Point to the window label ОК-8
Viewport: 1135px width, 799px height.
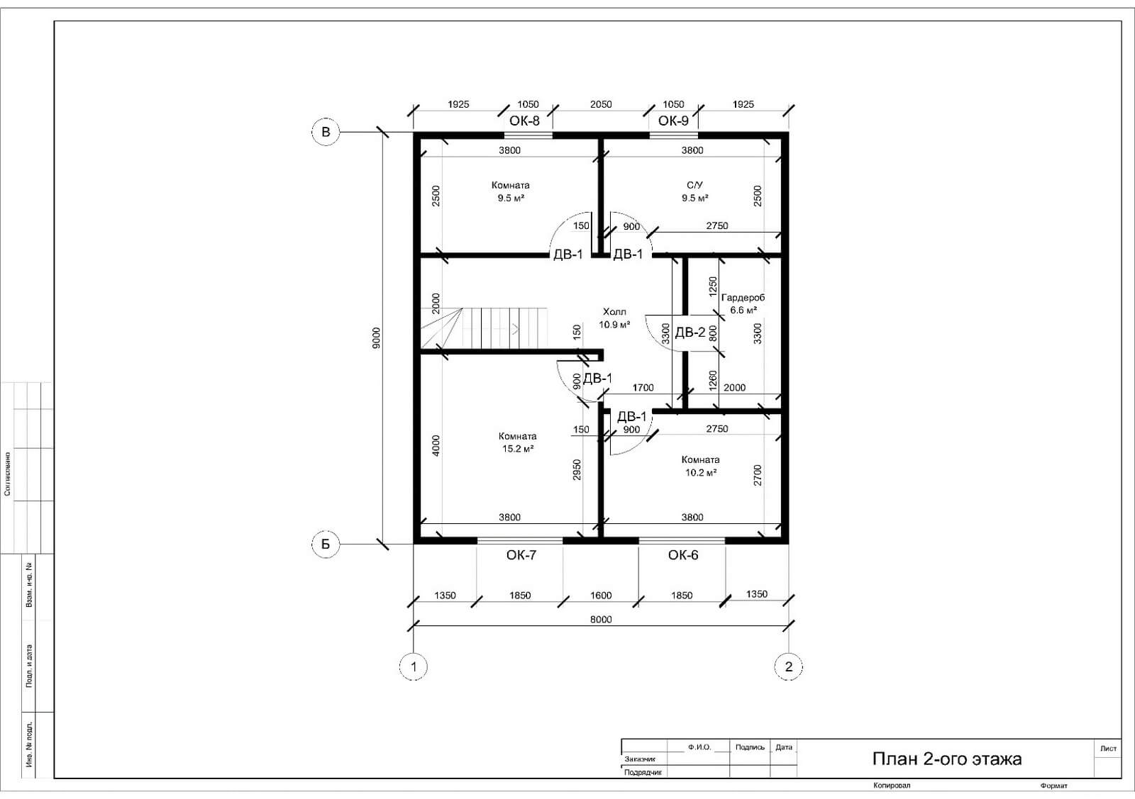coord(524,121)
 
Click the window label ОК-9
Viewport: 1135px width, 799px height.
coord(673,121)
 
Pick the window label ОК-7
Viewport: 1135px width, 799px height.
coord(521,555)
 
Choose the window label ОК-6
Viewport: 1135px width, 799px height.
coord(683,555)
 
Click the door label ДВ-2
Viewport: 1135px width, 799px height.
coord(690,333)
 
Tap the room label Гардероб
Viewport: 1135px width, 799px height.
coord(743,298)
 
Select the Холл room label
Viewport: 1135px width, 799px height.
coord(614,311)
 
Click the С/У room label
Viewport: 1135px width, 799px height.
coord(694,185)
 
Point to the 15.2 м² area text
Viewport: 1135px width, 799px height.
coord(517,449)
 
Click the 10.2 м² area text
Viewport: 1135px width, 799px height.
coord(701,472)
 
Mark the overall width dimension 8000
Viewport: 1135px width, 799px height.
coord(601,619)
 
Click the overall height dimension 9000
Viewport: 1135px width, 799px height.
coord(376,338)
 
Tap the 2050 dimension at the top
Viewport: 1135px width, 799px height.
coord(601,104)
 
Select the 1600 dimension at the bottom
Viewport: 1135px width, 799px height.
coord(601,596)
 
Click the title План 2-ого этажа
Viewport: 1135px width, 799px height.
coord(947,759)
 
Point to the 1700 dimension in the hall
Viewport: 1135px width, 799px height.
coord(643,388)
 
